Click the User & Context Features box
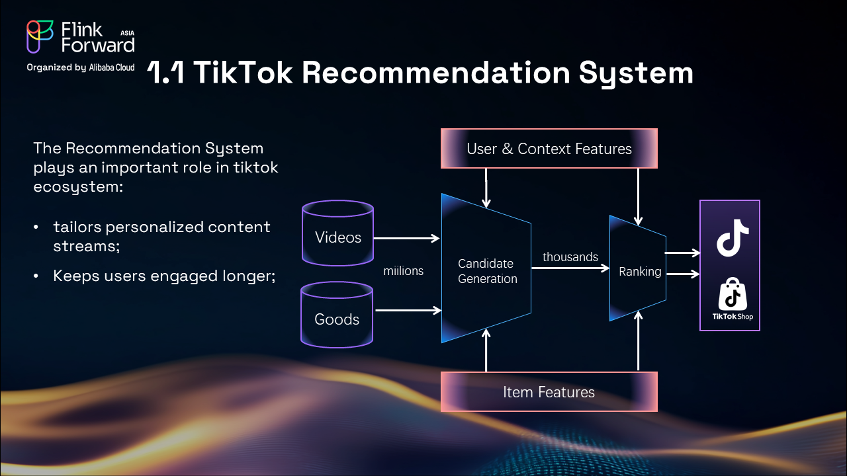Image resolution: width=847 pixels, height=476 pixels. (549, 149)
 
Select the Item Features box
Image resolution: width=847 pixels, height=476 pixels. (549, 392)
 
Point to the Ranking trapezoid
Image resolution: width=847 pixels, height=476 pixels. (639, 271)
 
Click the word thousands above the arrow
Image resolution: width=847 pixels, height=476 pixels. (570, 257)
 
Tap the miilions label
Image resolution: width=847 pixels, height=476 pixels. (403, 270)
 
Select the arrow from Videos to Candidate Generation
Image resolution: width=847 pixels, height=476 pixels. (407, 238)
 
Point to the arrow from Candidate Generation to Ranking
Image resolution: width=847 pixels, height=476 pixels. (570, 268)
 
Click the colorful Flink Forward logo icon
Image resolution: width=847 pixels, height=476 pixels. (40, 37)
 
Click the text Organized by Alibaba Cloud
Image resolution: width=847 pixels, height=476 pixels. (81, 67)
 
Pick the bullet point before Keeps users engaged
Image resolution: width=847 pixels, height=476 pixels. (37, 276)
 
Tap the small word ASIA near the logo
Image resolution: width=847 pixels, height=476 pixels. (128, 32)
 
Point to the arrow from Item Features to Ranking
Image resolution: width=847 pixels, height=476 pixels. (638, 344)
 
